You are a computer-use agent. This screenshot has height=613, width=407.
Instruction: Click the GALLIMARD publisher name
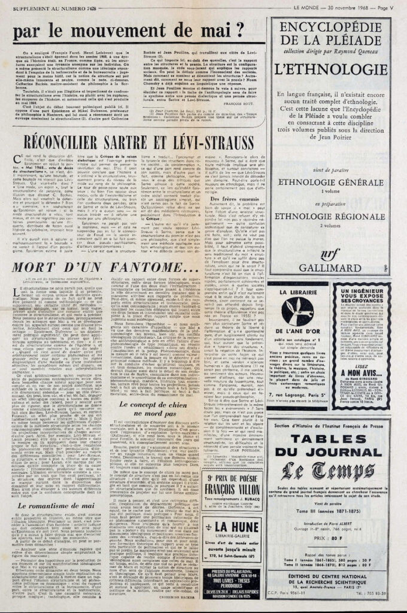332,268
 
